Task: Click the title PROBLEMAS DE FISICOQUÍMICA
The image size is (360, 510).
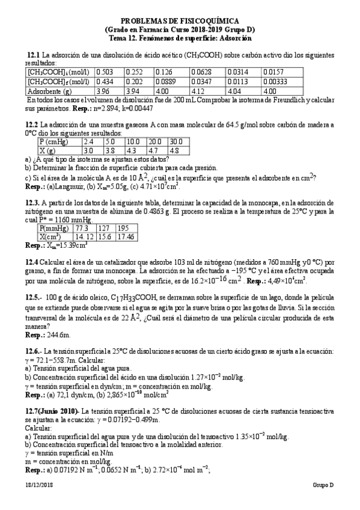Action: (179, 20)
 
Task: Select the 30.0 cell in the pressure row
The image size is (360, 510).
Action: (175, 141)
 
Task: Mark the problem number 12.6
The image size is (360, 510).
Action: (33, 351)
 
